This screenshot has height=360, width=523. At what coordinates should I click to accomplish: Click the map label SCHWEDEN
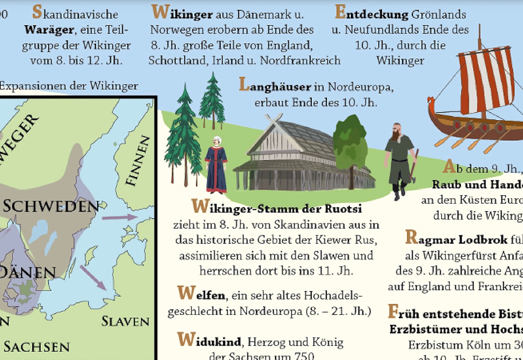pos(51,206)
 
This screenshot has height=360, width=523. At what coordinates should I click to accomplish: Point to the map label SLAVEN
pos(125,321)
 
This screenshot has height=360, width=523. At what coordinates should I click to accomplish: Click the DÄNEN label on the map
pos(27,273)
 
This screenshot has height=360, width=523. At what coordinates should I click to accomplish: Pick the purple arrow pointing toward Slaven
pos(93,278)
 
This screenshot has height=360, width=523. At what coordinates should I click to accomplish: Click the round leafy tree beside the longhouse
pos(350,143)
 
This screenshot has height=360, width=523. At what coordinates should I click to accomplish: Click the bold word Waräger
pos(49,30)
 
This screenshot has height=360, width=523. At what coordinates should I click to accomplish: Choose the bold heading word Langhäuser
pos(276,86)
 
